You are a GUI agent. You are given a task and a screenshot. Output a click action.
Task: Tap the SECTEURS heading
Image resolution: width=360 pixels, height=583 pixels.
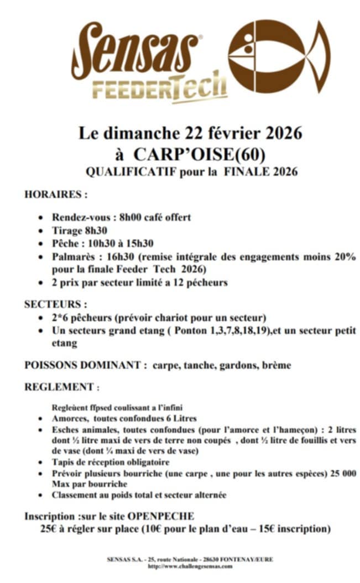(x=56, y=304)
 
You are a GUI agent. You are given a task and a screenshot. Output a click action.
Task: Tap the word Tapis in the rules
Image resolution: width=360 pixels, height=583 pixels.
(x=64, y=462)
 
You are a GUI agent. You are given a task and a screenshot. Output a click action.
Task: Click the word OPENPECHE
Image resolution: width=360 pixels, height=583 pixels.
(x=161, y=516)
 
